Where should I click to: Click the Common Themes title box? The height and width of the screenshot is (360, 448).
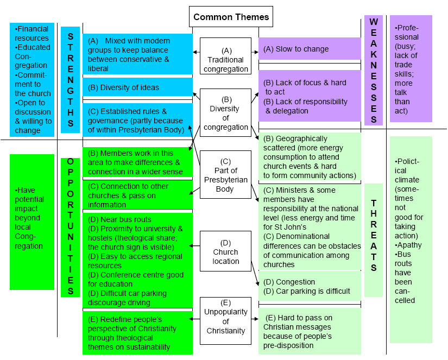point(231,17)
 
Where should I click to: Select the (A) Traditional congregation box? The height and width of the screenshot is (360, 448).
point(225,55)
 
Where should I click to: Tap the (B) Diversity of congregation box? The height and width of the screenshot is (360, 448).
point(225,113)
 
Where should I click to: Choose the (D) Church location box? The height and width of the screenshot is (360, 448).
point(225,251)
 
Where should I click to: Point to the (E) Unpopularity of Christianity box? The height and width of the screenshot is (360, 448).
point(225,321)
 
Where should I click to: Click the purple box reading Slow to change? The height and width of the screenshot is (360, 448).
point(309,49)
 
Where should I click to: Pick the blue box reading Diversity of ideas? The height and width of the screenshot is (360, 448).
point(137,87)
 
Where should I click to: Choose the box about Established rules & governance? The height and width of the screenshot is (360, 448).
point(137,119)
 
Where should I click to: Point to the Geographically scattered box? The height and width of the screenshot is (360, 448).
point(309,157)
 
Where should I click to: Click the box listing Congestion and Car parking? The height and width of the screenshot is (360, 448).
point(309,287)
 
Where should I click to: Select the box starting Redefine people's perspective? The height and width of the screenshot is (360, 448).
point(137,333)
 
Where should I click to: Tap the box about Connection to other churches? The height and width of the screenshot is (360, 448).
point(137,195)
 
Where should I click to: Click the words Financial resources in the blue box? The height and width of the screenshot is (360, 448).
point(32,34)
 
